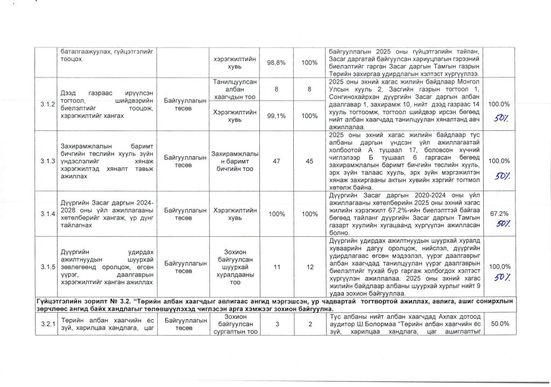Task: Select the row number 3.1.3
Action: (45, 161)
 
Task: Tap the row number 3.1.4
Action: (45, 214)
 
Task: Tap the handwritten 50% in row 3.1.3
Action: (503, 175)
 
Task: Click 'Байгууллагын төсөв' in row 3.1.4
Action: (184, 214)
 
